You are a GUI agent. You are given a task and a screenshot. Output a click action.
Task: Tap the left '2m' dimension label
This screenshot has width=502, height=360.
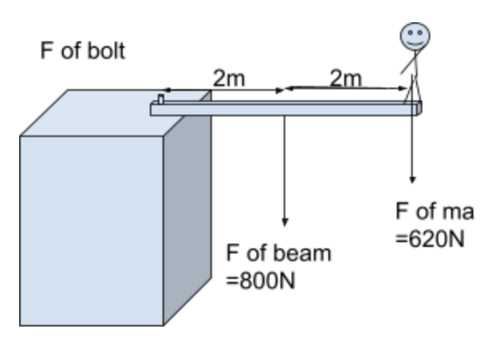229,78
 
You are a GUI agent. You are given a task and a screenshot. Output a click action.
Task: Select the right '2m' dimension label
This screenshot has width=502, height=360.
345,78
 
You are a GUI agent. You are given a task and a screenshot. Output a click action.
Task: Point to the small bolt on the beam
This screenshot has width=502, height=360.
160,100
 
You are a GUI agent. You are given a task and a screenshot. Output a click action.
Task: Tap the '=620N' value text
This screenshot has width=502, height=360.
430,239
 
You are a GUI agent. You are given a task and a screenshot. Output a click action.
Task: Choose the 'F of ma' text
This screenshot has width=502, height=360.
434,212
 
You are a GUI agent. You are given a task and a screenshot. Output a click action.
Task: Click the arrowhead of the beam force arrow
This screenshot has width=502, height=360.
284,221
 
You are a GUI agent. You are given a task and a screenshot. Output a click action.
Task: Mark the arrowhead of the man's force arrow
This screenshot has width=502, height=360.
413,178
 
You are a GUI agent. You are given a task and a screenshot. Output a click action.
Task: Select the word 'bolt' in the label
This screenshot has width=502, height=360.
108,52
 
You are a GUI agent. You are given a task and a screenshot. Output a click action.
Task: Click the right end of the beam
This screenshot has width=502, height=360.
418,108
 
